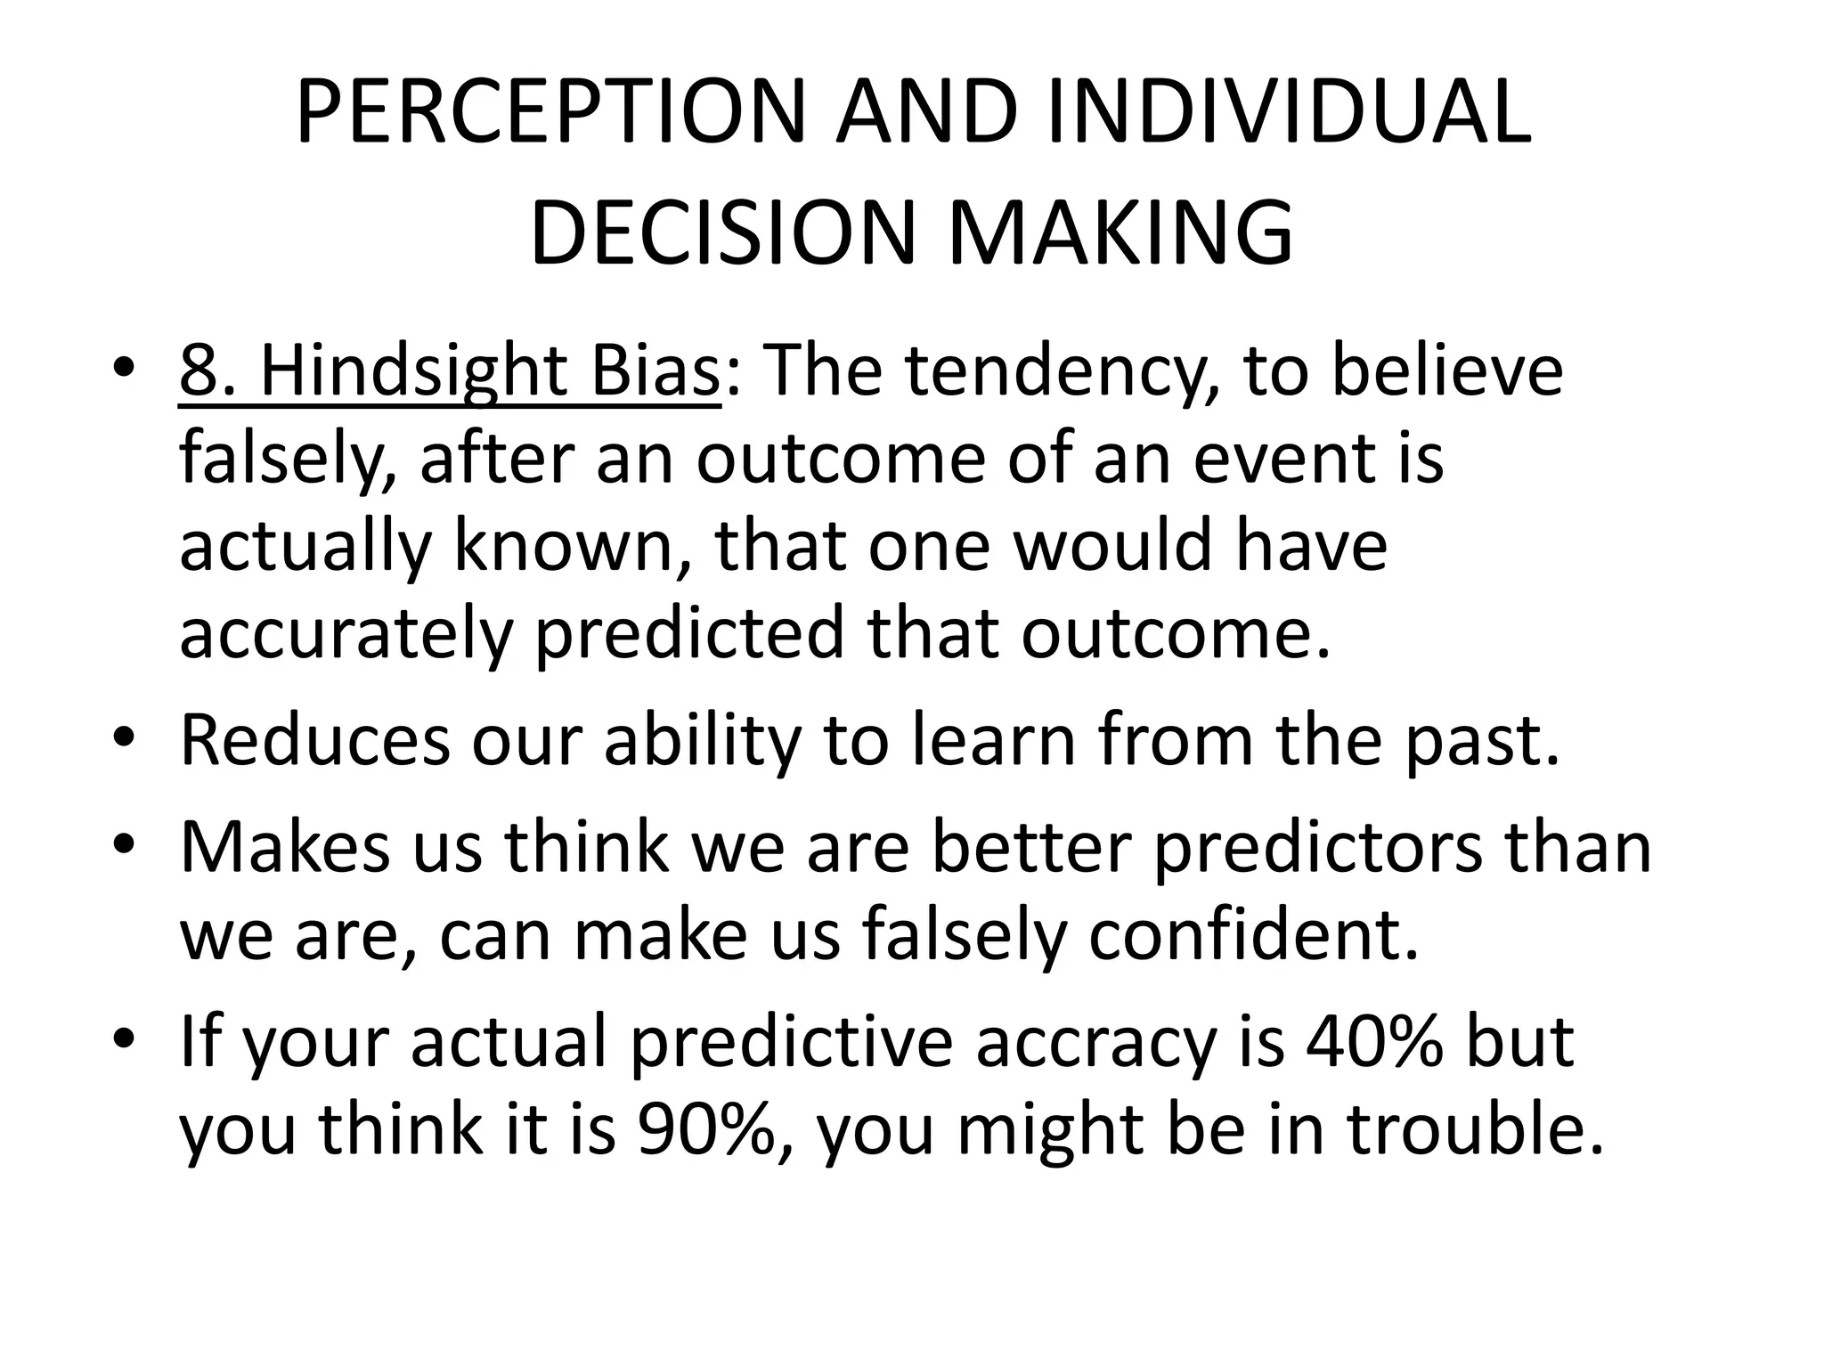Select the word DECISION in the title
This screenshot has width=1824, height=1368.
coord(722,233)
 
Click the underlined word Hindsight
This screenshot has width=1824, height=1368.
coord(413,372)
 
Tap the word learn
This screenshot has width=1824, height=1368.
coord(993,740)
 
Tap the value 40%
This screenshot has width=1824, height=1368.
coord(1373,1041)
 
